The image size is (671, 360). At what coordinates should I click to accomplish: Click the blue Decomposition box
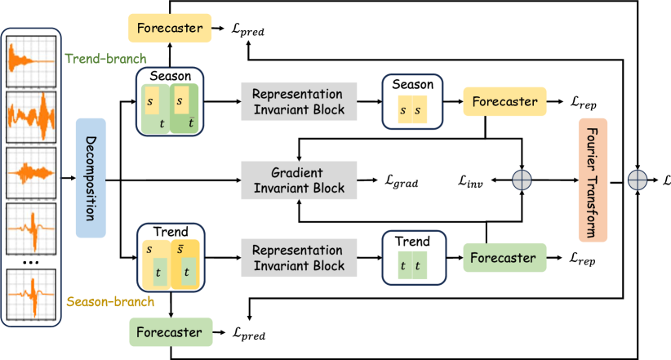click(x=91, y=178)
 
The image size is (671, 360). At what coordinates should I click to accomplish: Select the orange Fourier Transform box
click(x=593, y=180)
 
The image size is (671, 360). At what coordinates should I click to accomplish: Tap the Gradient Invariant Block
click(x=299, y=180)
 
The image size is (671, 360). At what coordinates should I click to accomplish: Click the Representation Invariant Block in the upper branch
click(x=299, y=101)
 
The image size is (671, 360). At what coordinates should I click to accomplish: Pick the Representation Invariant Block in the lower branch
click(x=299, y=258)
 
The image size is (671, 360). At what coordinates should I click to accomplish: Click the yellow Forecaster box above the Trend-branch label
click(x=171, y=28)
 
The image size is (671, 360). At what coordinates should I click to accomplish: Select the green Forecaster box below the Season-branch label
click(x=171, y=332)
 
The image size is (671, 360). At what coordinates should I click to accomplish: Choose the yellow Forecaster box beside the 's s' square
click(x=504, y=102)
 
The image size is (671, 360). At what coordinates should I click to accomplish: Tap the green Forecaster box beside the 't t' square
click(x=504, y=258)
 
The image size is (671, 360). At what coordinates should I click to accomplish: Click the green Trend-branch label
click(x=105, y=59)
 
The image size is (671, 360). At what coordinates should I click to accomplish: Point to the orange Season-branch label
click(x=109, y=302)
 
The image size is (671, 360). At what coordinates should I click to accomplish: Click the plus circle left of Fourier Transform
click(x=522, y=180)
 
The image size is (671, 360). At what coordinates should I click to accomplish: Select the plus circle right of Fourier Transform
click(x=638, y=180)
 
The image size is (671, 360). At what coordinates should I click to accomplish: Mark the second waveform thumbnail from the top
click(x=32, y=117)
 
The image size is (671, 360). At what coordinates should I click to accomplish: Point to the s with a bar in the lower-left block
click(x=180, y=248)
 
